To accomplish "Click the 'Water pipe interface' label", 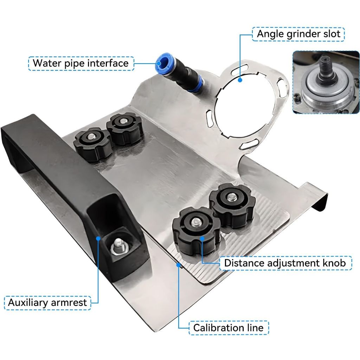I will (x=81, y=63).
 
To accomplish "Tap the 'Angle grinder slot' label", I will (x=298, y=34).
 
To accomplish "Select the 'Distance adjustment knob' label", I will (x=285, y=263).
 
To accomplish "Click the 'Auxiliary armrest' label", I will (x=47, y=303).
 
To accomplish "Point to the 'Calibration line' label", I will (x=228, y=328).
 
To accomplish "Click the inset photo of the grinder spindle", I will (x=326, y=82).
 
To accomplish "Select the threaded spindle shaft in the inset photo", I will (x=323, y=67).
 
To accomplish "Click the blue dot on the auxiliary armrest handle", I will (x=99, y=238).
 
